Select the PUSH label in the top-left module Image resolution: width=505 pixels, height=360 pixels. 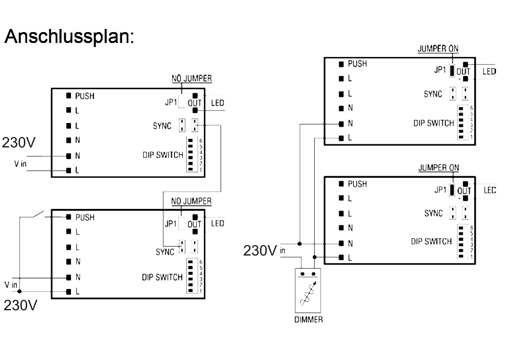pyautogui.click(x=85, y=96)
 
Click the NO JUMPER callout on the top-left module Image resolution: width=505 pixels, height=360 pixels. pyautogui.click(x=192, y=79)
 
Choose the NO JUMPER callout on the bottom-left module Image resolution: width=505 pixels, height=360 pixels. pyautogui.click(x=192, y=201)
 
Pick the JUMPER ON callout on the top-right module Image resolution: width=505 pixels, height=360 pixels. pyautogui.click(x=437, y=49)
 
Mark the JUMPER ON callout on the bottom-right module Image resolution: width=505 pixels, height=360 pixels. pyautogui.click(x=439, y=168)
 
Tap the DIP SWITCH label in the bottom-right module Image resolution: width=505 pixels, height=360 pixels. pyautogui.click(x=431, y=242)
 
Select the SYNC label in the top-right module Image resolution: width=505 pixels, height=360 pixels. pyautogui.click(x=433, y=94)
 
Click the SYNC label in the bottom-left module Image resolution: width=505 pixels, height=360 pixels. pyautogui.click(x=165, y=252)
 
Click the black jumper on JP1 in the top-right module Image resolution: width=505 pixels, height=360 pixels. pyautogui.click(x=452, y=71)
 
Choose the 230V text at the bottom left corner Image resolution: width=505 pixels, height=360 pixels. pyautogui.click(x=20, y=306)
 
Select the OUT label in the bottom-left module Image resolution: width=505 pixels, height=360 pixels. pyautogui.click(x=194, y=224)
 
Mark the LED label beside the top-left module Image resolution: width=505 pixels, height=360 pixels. pyautogui.click(x=217, y=104)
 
